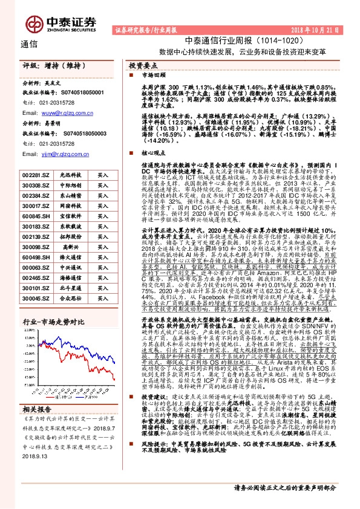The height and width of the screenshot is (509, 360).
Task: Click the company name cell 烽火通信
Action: coord(70,257)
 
